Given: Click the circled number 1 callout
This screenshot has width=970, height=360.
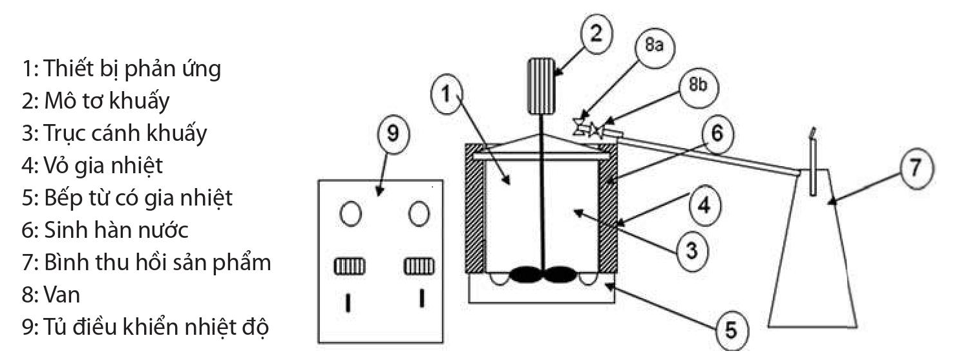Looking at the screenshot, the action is tap(447, 94).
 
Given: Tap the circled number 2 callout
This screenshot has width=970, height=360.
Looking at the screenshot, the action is tap(596, 34).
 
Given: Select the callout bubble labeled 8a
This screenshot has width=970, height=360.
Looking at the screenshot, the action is tap(655, 46).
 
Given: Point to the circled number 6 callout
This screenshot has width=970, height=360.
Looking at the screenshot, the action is tap(717, 133).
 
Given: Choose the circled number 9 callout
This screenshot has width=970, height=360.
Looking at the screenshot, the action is tap(393, 133).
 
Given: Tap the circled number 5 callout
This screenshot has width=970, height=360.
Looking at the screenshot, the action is tap(732, 330).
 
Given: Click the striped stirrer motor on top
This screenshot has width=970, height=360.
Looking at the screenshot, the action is tap(541, 87).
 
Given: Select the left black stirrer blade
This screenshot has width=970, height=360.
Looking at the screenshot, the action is tap(525, 275).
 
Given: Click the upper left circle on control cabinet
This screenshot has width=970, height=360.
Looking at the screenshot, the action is tap(350, 213).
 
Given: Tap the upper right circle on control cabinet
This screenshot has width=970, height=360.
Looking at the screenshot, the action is tap(419, 213).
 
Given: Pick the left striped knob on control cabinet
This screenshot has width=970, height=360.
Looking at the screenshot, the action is tap(350, 266).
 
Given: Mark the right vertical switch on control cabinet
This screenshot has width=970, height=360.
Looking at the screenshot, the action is tap(422, 299).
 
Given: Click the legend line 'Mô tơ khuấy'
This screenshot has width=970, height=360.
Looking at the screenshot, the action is tap(96, 101).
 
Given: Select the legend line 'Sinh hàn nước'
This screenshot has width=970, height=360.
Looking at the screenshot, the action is tap(105, 229).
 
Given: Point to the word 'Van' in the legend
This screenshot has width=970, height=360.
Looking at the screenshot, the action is tap(62, 295).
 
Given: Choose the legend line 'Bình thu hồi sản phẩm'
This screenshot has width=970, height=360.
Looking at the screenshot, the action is tap(146, 262).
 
